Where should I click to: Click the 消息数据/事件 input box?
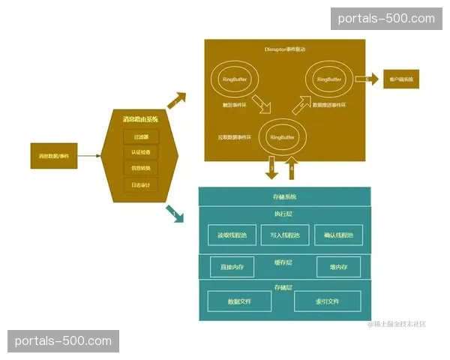tap(54, 156)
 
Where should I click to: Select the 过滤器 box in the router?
tap(142, 136)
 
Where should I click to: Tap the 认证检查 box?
tap(142, 152)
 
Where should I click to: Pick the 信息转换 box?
tap(142, 168)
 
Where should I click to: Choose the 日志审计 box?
tap(142, 184)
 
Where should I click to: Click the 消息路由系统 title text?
tap(141, 119)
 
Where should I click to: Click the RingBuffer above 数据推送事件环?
tap(328, 79)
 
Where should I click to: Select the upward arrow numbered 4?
tap(292, 169)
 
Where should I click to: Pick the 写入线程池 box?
tap(285, 235)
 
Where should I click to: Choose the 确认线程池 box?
tap(338, 235)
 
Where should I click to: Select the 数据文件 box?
tap(239, 301)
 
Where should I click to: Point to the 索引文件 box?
tap(327, 301)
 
